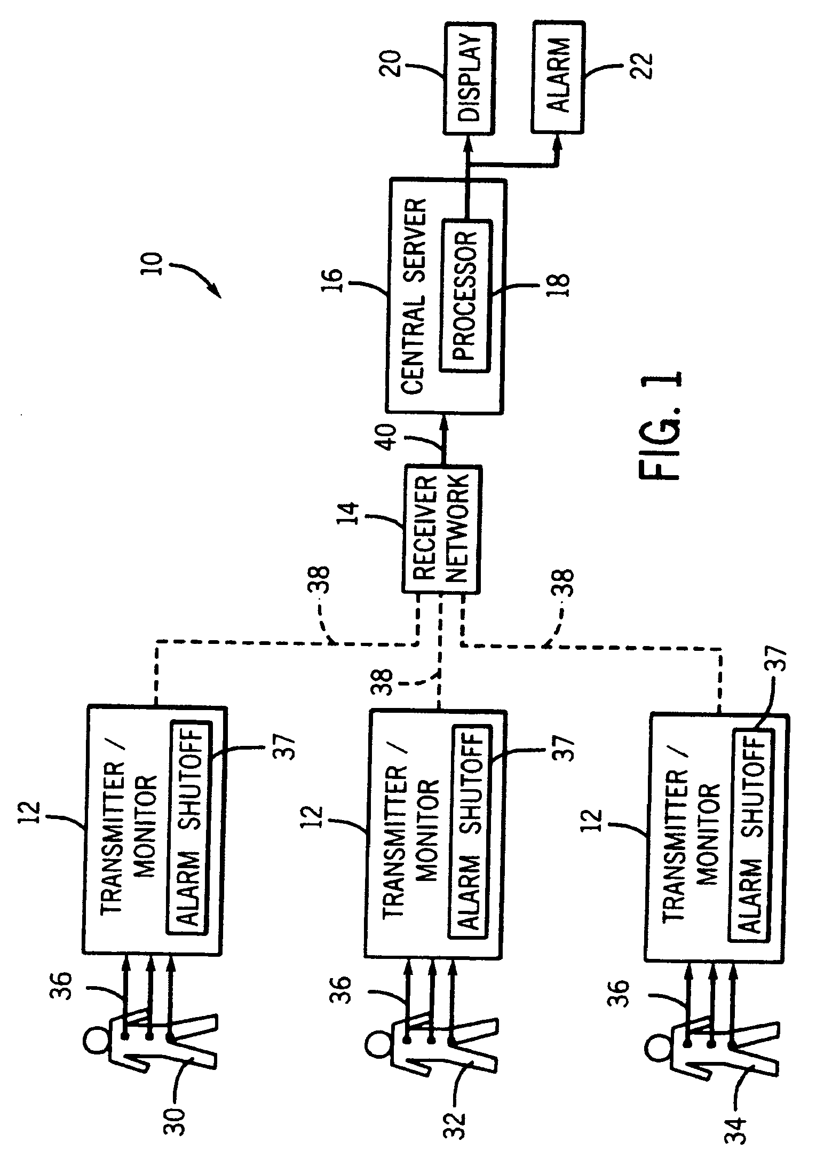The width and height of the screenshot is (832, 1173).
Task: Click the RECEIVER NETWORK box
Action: pyautogui.click(x=442, y=529)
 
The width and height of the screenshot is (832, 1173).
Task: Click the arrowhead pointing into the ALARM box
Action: pyautogui.click(x=559, y=140)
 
